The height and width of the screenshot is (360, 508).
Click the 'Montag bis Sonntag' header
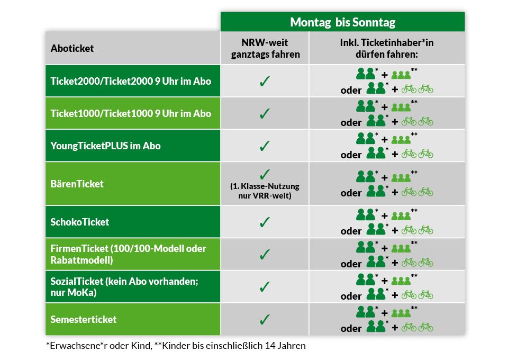(x=342, y=22)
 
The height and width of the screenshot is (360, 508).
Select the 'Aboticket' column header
(x=72, y=48)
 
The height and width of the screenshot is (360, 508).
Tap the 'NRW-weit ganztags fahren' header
(x=265, y=48)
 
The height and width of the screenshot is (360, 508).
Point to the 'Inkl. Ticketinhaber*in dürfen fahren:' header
(x=386, y=48)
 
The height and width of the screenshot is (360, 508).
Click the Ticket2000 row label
(x=131, y=81)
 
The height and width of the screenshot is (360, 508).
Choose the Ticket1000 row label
(x=131, y=113)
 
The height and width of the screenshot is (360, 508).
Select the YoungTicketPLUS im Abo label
(x=105, y=146)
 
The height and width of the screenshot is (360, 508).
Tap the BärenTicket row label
(x=77, y=184)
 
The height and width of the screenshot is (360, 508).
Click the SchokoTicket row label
(x=80, y=222)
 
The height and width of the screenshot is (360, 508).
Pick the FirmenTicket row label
(x=128, y=254)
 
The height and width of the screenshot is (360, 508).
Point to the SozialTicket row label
(x=124, y=287)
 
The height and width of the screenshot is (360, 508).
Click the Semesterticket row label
(x=83, y=319)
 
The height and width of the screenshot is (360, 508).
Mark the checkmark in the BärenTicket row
(x=265, y=174)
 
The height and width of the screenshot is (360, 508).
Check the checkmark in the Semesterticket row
(x=265, y=319)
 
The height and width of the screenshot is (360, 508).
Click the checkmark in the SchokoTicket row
(x=265, y=222)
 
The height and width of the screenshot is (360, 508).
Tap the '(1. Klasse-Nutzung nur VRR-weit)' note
(x=265, y=191)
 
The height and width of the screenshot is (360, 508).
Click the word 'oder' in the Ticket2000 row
(x=351, y=90)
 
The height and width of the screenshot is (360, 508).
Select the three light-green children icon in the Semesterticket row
(x=401, y=313)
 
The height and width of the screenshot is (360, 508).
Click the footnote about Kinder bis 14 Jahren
(x=230, y=346)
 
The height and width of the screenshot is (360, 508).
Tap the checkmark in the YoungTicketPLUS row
(x=265, y=146)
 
